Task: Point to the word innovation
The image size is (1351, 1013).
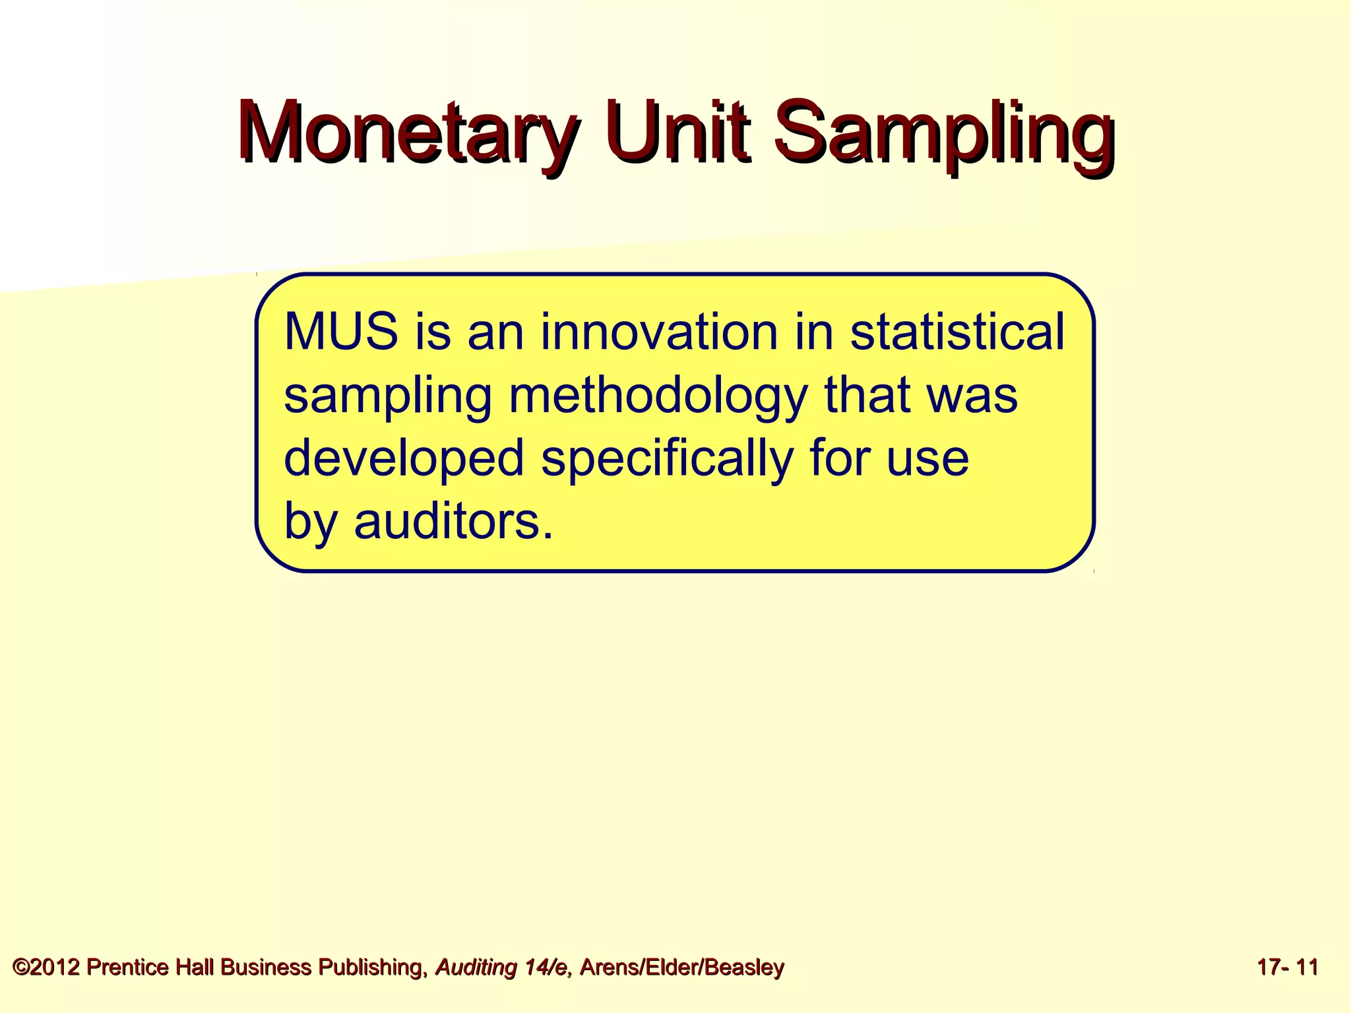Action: [x=659, y=332]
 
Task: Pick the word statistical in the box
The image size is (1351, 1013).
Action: [x=957, y=332]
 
